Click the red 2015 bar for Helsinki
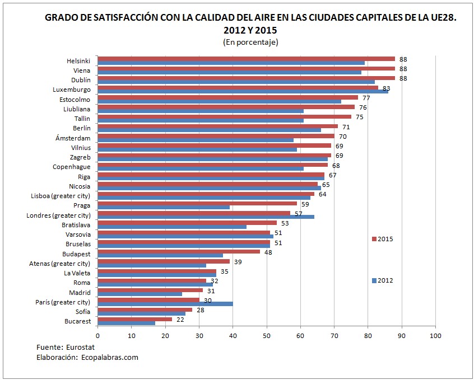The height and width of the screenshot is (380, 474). pyautogui.click(x=247, y=59)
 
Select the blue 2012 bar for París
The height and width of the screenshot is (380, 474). pyautogui.click(x=165, y=304)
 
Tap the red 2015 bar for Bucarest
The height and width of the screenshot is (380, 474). pyautogui.click(x=135, y=319)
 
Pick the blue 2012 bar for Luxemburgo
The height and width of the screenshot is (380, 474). pyautogui.click(x=243, y=91)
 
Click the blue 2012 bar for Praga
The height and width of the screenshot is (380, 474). pyautogui.click(x=164, y=207)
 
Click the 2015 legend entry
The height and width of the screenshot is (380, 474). pyautogui.click(x=383, y=239)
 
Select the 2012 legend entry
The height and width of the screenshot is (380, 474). pyautogui.click(x=383, y=280)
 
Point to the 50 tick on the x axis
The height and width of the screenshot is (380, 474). pyautogui.click(x=267, y=335)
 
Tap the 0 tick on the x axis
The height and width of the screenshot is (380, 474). pyautogui.click(x=98, y=335)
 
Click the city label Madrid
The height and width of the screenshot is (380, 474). pyautogui.click(x=80, y=293)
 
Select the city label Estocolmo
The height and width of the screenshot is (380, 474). pyautogui.click(x=75, y=100)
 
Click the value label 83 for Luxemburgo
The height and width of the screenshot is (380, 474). pyautogui.click(x=386, y=88)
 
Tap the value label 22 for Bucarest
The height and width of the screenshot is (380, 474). pyautogui.click(x=180, y=319)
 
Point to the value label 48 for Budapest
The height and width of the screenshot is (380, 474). pyautogui.click(x=268, y=252)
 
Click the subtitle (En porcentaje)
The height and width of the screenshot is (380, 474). pyautogui.click(x=250, y=42)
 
